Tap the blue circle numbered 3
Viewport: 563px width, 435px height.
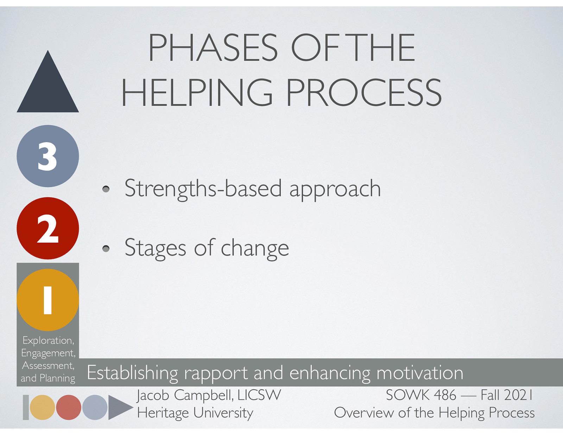(48, 156)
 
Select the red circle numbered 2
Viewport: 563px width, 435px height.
(48, 228)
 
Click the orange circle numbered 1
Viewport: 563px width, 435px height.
(48, 300)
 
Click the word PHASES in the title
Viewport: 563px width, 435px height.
(213, 48)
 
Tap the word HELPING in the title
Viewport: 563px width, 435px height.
(197, 92)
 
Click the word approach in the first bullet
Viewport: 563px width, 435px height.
(335, 189)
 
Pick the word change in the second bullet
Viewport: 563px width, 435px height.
(255, 249)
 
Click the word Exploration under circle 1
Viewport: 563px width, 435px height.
(48, 340)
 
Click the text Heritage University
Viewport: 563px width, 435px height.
(195, 413)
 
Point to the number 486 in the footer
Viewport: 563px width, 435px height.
(445, 395)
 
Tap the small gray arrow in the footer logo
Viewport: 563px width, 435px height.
(118, 407)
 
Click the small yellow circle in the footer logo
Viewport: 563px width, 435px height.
(42, 407)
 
